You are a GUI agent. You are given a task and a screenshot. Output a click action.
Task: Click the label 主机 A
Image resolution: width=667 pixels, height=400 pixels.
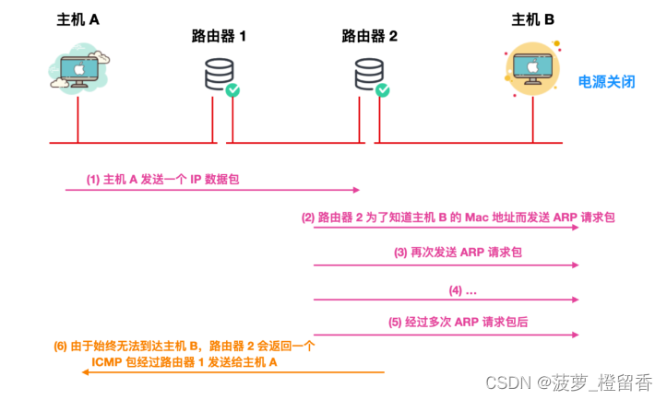pyautogui.click(x=77, y=19)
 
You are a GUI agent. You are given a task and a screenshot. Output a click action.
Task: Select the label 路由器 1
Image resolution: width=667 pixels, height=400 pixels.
pyautogui.click(x=220, y=37)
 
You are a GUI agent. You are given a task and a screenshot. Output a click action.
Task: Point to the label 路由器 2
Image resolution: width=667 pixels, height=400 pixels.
pyautogui.click(x=369, y=37)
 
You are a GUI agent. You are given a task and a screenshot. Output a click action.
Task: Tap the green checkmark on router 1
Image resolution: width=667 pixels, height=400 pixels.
pyautogui.click(x=233, y=90)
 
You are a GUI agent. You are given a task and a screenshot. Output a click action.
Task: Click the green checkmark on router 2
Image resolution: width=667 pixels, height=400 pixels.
pyautogui.click(x=383, y=90)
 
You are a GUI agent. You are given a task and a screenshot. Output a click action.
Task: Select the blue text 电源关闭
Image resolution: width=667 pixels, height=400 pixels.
pyautogui.click(x=606, y=82)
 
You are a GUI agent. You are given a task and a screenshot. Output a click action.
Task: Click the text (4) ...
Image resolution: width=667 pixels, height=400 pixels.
pyautogui.click(x=462, y=289)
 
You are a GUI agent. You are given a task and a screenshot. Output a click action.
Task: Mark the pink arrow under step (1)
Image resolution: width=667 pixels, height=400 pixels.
pyautogui.click(x=212, y=190)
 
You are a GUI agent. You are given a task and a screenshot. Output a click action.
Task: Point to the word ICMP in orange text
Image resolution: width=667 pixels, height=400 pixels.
pyautogui.click(x=111, y=363)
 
